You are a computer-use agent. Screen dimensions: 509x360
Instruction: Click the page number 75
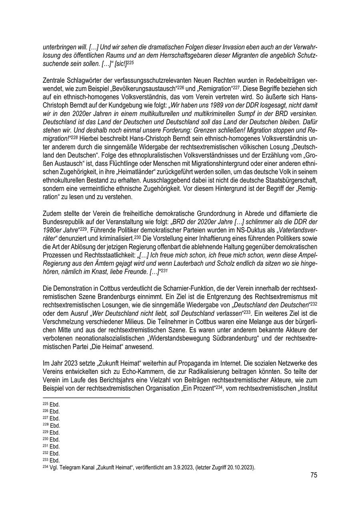click(x=313, y=475)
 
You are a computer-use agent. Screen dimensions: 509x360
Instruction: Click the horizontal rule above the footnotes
click(x=86, y=398)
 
